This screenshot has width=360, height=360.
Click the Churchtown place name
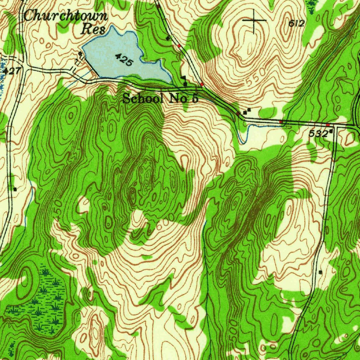(x=65, y=16)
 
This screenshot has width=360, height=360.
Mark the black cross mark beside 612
(x=254, y=20)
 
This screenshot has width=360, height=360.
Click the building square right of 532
(x=332, y=131)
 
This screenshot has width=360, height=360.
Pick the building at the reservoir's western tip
(x=81, y=53)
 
